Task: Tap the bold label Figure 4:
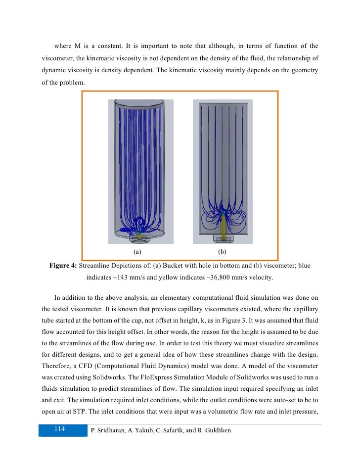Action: point(63,266)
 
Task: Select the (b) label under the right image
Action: point(221,252)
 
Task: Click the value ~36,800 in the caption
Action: point(222,278)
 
